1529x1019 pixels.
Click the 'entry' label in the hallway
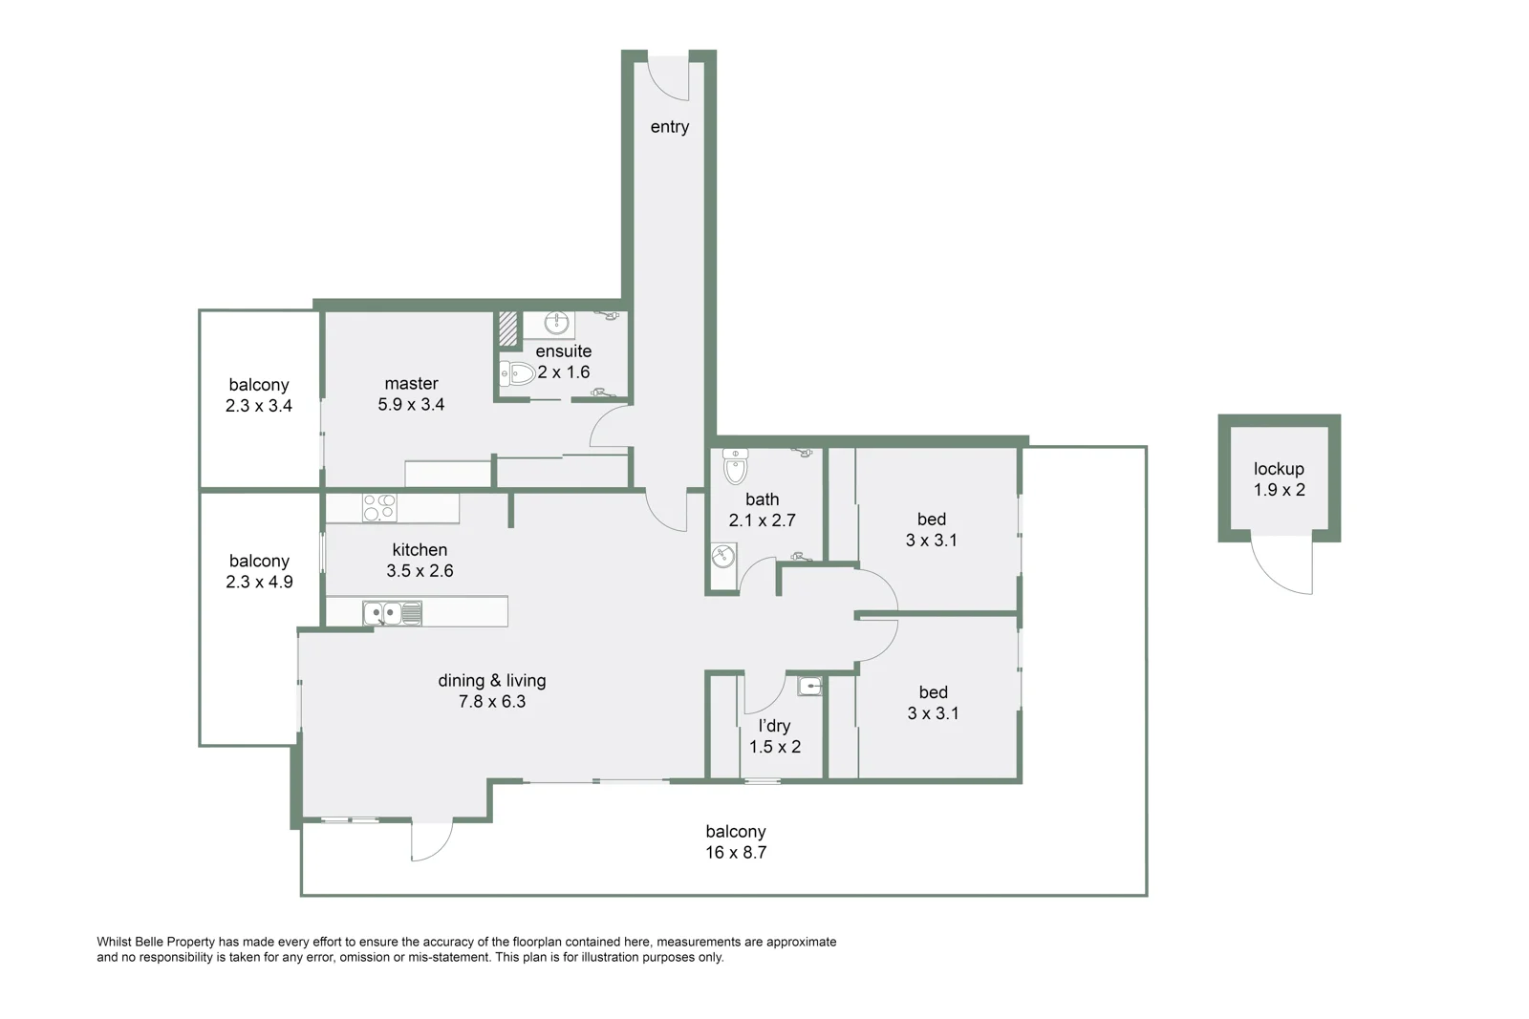pyautogui.click(x=669, y=127)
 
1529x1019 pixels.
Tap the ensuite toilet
pyautogui.click(x=517, y=372)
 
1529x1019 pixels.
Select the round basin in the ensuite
pyautogui.click(x=557, y=324)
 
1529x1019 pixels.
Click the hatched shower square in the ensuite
pyautogui.click(x=507, y=329)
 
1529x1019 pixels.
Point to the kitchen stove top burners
pyautogui.click(x=379, y=507)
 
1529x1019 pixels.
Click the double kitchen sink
pyautogui.click(x=392, y=612)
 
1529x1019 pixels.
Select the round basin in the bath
pyautogui.click(x=723, y=556)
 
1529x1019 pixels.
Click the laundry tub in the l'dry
pyautogui.click(x=809, y=685)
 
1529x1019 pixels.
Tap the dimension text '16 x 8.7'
pyautogui.click(x=736, y=853)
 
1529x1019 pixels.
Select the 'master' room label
pyautogui.click(x=411, y=383)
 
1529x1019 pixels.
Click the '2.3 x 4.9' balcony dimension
pyautogui.click(x=259, y=582)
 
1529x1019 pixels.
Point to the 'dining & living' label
pyautogui.click(x=492, y=680)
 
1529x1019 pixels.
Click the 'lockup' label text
pyautogui.click(x=1279, y=469)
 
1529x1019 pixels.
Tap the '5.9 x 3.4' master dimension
pyautogui.click(x=411, y=404)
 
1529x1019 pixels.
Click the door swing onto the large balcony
pyautogui.click(x=431, y=840)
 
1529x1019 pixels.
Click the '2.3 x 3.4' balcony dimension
pyautogui.click(x=259, y=405)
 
